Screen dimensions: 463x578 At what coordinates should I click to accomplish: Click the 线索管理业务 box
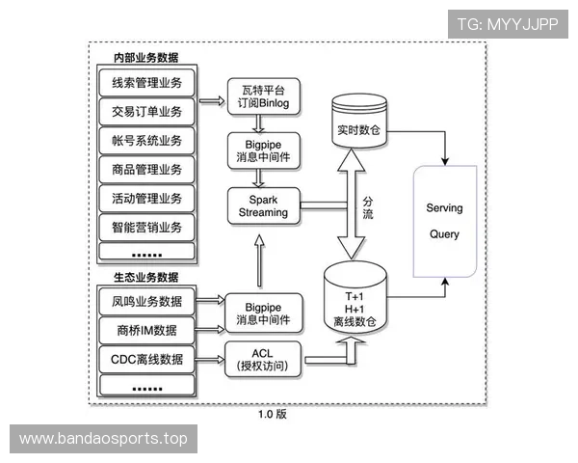click(146, 81)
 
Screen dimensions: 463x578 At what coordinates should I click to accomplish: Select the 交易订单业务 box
click(146, 110)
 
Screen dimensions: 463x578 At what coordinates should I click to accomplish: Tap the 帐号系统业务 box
click(146, 140)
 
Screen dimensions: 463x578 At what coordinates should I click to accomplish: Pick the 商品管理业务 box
click(146, 170)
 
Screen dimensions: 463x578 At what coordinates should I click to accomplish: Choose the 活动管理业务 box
click(146, 199)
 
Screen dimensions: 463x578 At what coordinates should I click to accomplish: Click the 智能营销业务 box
click(146, 228)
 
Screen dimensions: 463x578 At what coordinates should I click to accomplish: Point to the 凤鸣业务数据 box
click(146, 300)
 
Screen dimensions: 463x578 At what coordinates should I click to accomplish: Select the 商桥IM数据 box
click(146, 330)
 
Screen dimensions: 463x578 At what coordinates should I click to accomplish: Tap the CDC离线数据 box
click(146, 360)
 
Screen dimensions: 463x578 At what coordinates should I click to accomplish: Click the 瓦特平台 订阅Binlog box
click(263, 95)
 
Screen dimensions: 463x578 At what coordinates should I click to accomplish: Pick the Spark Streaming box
click(263, 204)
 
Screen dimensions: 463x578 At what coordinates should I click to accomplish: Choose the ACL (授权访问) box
click(263, 358)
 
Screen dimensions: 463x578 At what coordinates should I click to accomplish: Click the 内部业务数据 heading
click(144, 57)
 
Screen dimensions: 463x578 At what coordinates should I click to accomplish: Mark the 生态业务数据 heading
click(144, 278)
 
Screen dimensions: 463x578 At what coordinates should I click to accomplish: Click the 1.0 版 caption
click(273, 414)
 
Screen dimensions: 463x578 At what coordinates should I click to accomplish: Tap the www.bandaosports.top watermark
click(104, 439)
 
